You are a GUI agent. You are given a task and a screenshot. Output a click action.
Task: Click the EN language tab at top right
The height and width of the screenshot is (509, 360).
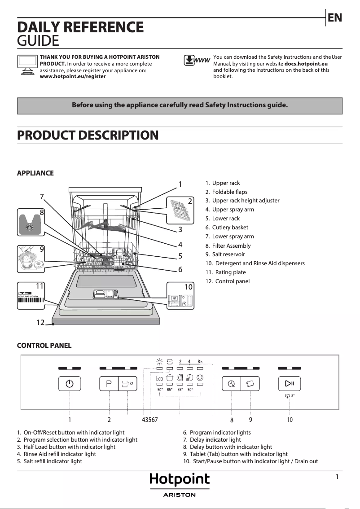click(335, 18)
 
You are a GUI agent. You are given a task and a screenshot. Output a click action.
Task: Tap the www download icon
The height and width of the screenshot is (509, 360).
click(197, 60)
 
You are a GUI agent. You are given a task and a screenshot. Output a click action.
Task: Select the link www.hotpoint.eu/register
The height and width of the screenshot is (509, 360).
click(73, 76)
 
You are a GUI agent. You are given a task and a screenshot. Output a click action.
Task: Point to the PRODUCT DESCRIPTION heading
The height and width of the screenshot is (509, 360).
click(88, 135)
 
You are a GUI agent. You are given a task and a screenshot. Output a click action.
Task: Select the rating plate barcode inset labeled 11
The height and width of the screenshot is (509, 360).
click(31, 297)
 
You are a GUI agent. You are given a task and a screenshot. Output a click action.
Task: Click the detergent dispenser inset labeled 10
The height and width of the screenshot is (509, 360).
click(180, 297)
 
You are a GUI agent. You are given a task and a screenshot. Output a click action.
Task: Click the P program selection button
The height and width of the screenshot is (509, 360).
click(109, 383)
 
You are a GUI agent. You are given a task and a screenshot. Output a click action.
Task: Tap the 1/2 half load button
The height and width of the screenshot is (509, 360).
click(127, 383)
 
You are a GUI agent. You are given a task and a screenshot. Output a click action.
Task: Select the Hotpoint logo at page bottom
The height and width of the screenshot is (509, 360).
click(180, 480)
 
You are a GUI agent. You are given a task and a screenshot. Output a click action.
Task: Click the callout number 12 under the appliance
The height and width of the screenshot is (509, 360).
click(41, 322)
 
